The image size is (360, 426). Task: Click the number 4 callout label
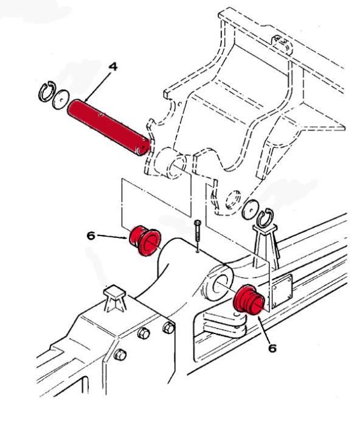[x=113, y=64]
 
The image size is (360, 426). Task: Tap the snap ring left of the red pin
[x=44, y=93]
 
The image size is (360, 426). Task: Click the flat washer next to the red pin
[x=60, y=99]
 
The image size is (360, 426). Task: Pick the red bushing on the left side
[x=144, y=240]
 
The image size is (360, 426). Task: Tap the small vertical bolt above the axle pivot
[x=197, y=234]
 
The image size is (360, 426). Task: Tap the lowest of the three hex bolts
[x=120, y=354]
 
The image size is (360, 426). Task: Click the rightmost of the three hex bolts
[x=168, y=328]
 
